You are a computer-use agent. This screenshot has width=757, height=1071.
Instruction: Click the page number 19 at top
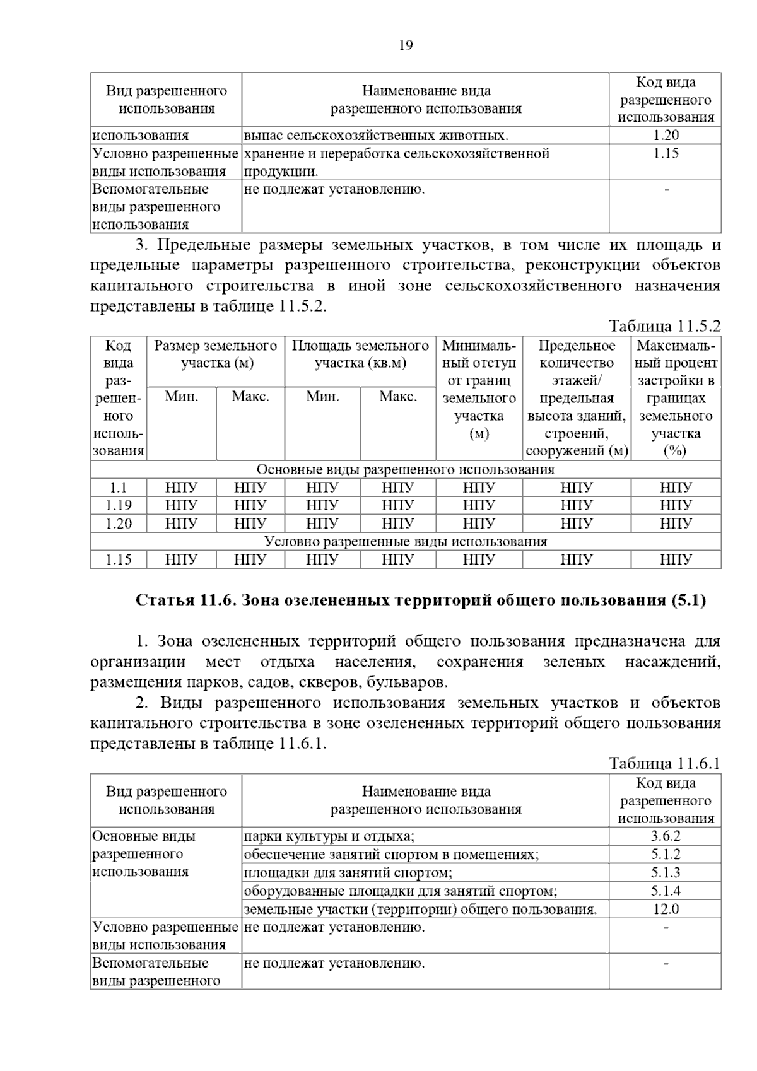click(x=406, y=45)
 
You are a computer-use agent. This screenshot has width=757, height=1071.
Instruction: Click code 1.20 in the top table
click(x=666, y=135)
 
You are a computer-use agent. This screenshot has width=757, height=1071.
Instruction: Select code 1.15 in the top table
click(x=666, y=153)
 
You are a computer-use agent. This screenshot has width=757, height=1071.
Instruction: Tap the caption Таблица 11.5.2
click(x=664, y=326)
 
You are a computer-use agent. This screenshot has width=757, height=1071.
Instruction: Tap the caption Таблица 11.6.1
click(x=664, y=764)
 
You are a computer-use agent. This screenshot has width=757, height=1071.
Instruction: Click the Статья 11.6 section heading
click(x=421, y=600)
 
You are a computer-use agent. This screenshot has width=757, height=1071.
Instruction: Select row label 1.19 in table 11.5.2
click(x=119, y=505)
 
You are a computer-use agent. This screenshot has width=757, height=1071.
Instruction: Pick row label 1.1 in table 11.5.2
click(x=119, y=488)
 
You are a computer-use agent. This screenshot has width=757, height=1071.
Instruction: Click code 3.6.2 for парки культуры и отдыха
click(x=666, y=836)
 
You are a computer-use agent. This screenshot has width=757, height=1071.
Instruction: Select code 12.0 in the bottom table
click(x=666, y=909)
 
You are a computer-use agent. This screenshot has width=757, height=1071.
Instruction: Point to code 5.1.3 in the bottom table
click(x=666, y=872)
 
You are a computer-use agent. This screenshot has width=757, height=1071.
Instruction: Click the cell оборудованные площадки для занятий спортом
click(x=401, y=891)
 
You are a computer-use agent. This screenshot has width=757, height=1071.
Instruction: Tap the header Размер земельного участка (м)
click(x=216, y=354)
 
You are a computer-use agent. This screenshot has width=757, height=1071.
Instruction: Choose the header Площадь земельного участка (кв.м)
click(x=360, y=354)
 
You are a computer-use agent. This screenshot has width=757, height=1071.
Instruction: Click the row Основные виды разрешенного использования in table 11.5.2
click(x=406, y=469)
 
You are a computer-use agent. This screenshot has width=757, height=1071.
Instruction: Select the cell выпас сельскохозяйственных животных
click(x=376, y=135)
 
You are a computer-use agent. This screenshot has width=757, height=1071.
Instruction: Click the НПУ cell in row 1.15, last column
click(x=676, y=559)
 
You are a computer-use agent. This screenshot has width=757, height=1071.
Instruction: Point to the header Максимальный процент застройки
click(x=676, y=397)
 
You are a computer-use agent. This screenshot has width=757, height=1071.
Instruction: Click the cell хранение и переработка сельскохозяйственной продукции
click(x=397, y=162)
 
